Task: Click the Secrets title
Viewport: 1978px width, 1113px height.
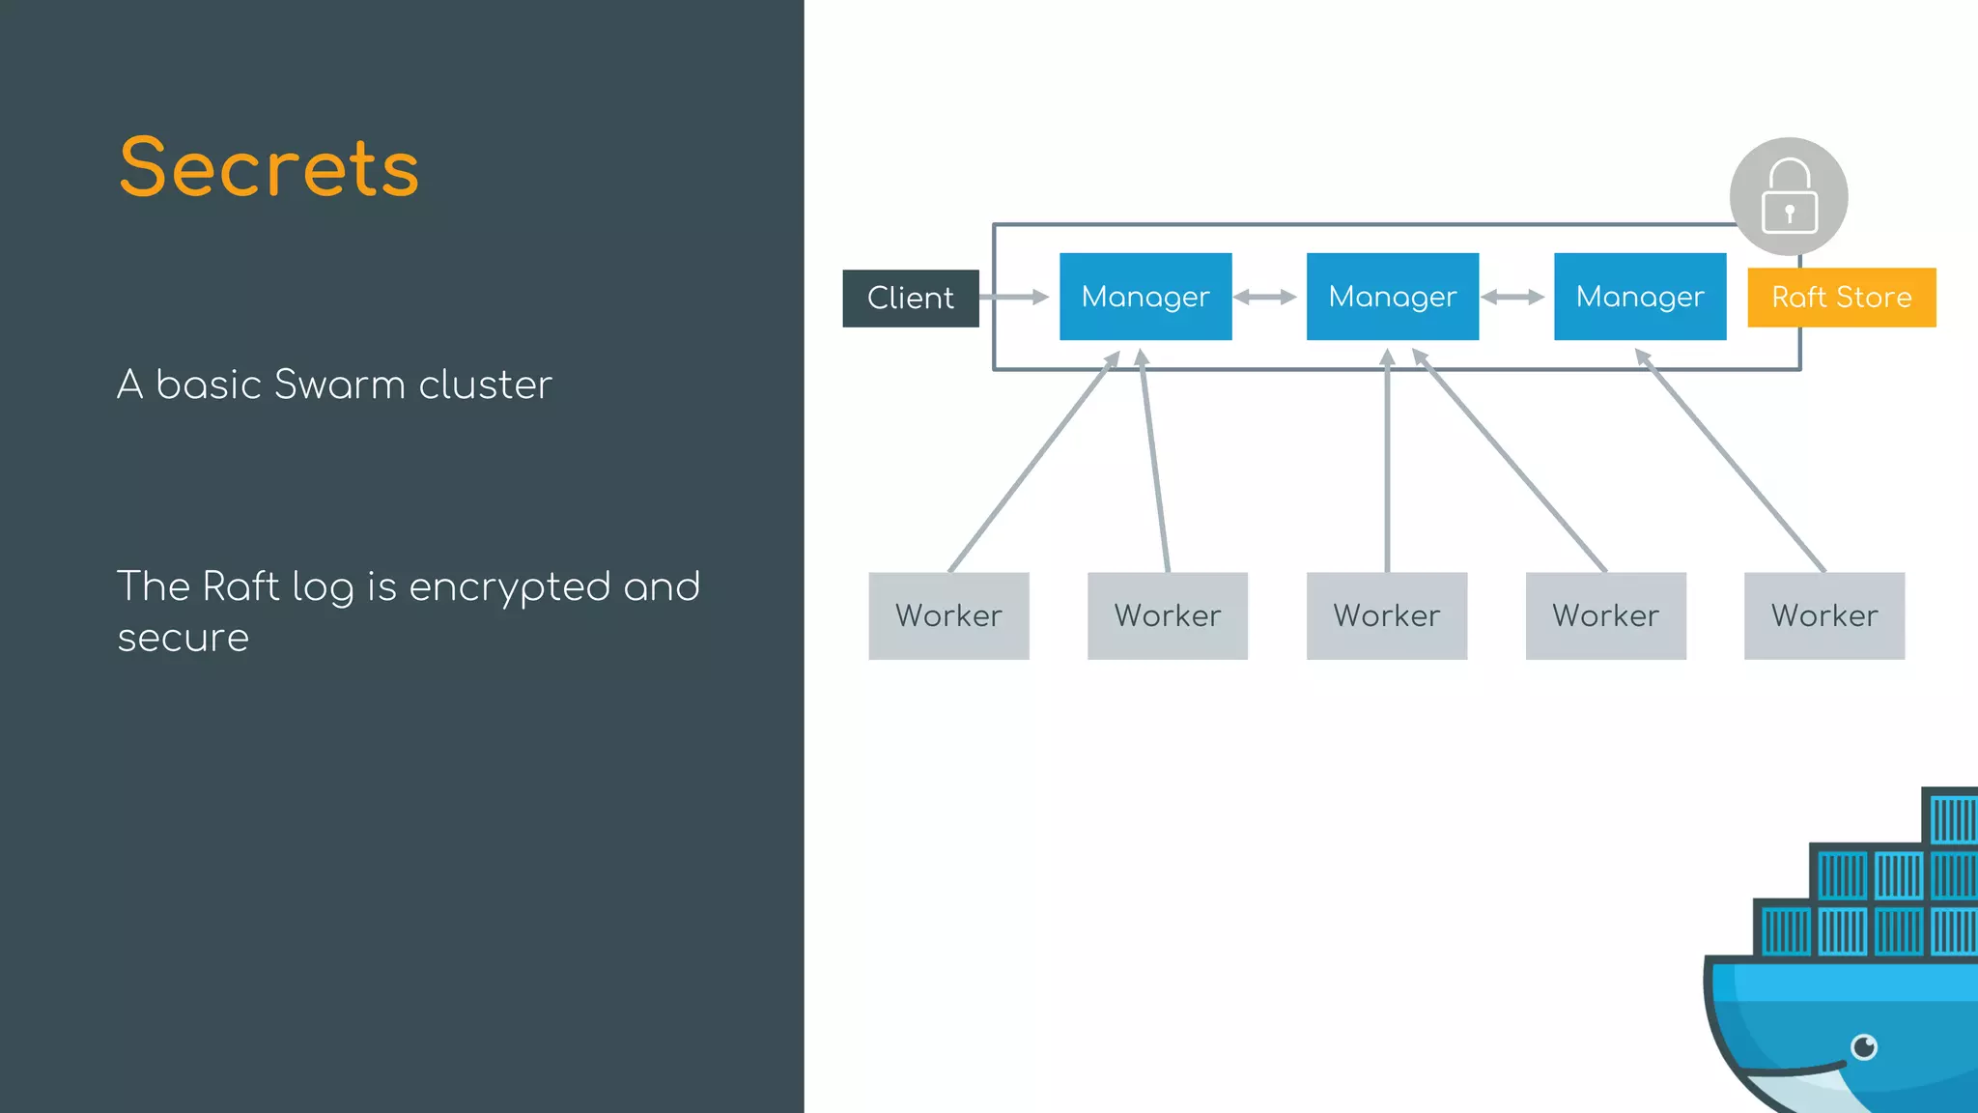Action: tap(269, 168)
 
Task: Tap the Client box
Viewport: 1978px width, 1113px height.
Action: tap(910, 298)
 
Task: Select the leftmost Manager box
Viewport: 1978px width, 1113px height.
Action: tap(1145, 297)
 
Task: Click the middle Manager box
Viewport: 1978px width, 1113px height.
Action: tap(1392, 297)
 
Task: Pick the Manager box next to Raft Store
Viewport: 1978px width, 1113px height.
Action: tap(1639, 297)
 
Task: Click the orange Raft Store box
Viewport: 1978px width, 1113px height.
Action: tap(1841, 298)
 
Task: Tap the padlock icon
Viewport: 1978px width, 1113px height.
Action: tap(1789, 196)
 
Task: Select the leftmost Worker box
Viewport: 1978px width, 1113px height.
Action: tap(948, 615)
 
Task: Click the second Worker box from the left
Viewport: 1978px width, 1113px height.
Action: tap(1167, 615)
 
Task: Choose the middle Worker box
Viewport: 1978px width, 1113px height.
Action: tap(1386, 615)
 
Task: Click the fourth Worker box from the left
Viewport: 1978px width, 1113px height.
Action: tap(1605, 615)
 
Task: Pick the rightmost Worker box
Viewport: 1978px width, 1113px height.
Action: tap(1823, 615)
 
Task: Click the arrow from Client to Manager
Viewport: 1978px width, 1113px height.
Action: tap(1014, 297)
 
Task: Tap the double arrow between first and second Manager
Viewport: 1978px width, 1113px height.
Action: tap(1265, 297)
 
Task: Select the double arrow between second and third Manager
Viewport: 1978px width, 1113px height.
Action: tap(1512, 297)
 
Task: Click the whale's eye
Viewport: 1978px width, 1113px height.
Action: tap(1864, 1046)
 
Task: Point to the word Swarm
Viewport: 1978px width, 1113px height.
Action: tap(340, 385)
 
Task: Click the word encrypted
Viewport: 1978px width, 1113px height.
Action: tap(510, 587)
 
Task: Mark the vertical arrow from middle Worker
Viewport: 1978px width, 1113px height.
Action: tap(1387, 464)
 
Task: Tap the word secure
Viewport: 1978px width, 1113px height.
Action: tap(184, 639)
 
